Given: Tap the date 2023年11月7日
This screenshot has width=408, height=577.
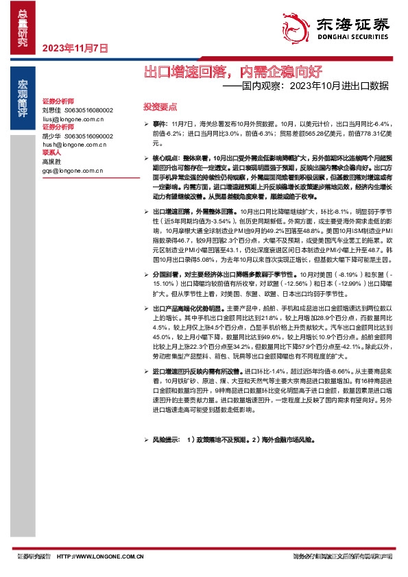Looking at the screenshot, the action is click(75, 49).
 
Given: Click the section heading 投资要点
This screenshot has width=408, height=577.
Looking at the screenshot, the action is click(159, 107).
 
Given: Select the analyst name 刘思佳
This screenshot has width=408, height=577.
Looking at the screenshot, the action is click(51, 109).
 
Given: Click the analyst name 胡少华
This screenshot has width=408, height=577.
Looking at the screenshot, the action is click(51, 136).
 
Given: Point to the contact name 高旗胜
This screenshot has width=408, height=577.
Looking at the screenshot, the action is click(51, 162).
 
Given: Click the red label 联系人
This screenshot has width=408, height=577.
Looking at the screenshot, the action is click(51, 154).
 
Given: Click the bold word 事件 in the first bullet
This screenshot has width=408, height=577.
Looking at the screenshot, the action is click(159, 121).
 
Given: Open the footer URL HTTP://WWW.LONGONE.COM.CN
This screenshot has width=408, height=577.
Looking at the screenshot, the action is click(99, 556).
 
